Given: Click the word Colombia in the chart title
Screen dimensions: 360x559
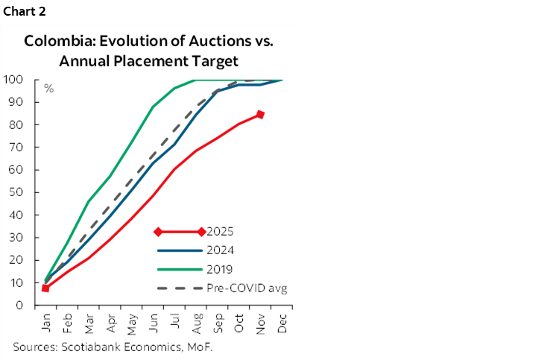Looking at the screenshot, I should tap(53, 41).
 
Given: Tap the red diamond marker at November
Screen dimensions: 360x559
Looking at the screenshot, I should tap(260, 114).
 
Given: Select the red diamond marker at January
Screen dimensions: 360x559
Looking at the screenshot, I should tap(45, 288).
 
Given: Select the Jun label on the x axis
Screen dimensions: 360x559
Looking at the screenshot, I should tap(153, 321).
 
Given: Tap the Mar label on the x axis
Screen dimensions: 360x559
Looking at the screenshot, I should tap(89, 321).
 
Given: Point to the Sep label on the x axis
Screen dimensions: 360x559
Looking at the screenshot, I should tap(218, 321).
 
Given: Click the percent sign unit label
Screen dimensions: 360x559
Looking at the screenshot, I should tap(48, 89).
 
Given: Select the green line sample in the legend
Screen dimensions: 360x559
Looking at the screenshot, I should tap(179, 269).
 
